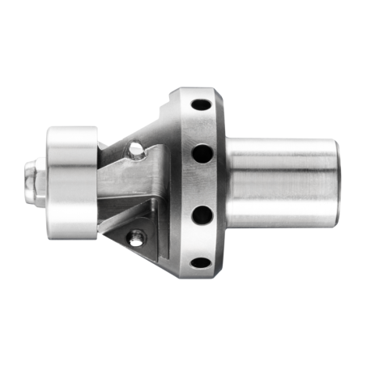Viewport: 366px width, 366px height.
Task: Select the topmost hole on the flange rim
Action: tap(198, 106)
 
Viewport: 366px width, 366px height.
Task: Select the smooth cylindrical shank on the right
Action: tap(279, 182)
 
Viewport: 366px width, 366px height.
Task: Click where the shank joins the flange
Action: tap(226, 182)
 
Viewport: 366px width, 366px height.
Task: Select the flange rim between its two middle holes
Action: tap(202, 183)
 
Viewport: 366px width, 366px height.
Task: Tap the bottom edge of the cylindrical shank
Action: tap(279, 227)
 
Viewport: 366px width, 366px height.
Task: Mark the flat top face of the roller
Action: tap(71, 132)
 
